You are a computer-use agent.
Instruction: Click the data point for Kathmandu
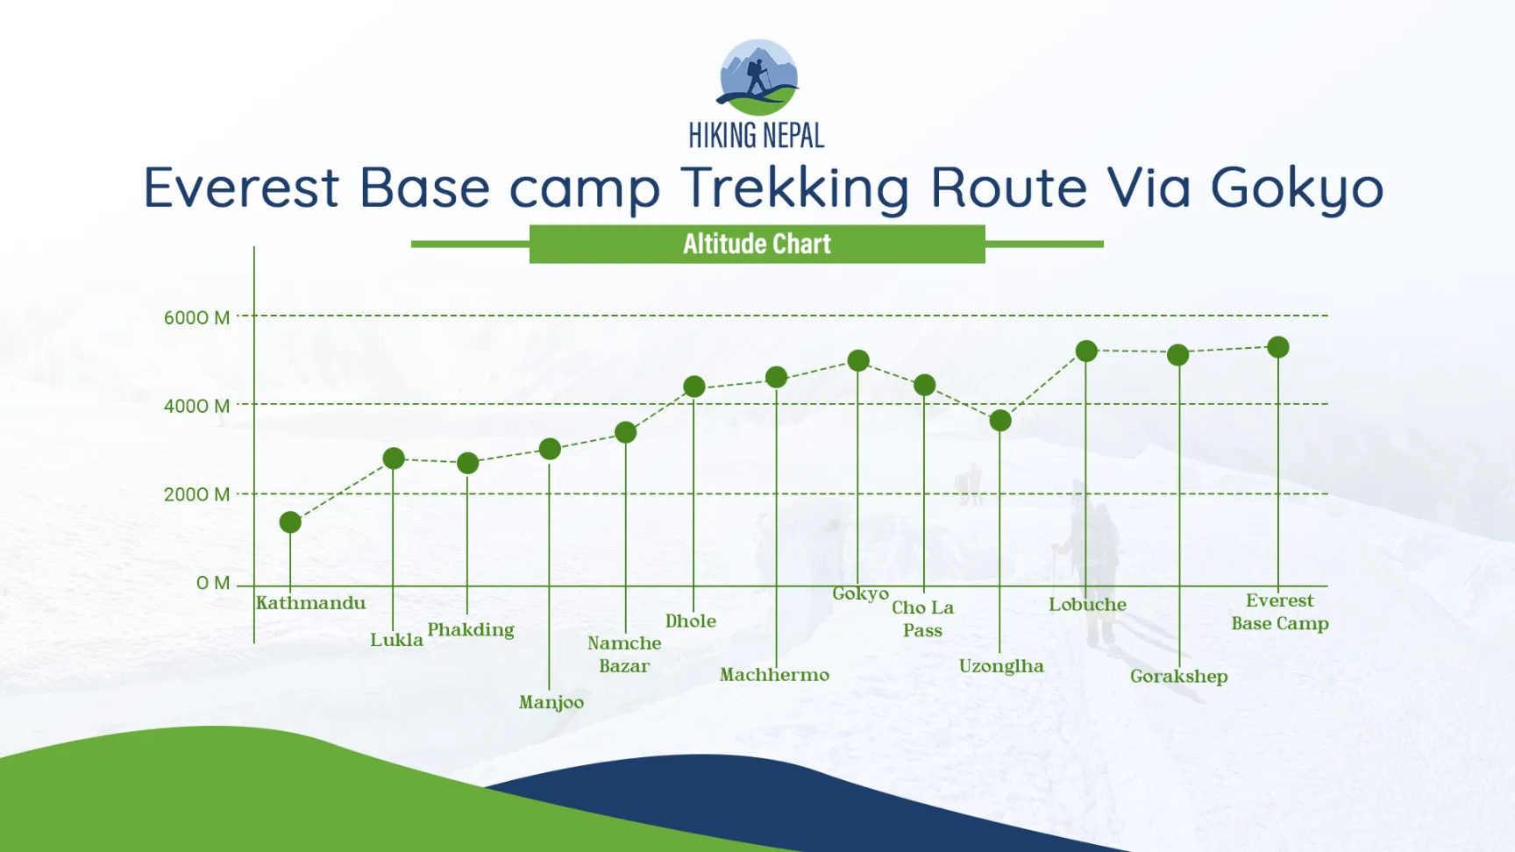click(290, 522)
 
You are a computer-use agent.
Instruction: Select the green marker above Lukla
click(394, 458)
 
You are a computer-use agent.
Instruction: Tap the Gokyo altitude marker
click(858, 360)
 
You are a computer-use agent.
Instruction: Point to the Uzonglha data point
click(1000, 421)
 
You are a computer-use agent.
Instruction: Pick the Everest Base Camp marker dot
click(1278, 347)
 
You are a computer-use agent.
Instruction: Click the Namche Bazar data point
click(626, 432)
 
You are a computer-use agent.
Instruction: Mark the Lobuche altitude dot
click(1086, 351)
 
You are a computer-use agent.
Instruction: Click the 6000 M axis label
click(196, 317)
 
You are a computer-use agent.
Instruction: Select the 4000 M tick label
click(196, 406)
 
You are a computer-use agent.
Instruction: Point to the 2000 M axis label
click(196, 494)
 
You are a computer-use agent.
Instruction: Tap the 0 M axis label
click(213, 583)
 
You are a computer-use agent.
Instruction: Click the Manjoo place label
click(551, 703)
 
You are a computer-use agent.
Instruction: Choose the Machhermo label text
click(774, 674)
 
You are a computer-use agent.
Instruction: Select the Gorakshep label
click(1179, 677)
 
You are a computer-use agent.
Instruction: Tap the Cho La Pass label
click(923, 619)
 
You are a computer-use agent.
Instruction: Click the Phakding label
click(471, 630)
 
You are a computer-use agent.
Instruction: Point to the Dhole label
click(691, 621)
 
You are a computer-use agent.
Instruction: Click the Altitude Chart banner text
click(757, 244)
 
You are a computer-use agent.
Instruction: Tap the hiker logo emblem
click(757, 77)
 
